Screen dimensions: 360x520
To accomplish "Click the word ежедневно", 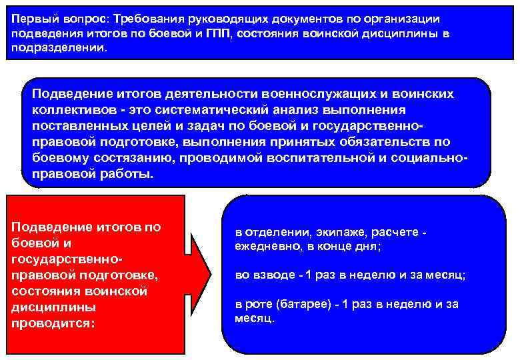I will point(264,246).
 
